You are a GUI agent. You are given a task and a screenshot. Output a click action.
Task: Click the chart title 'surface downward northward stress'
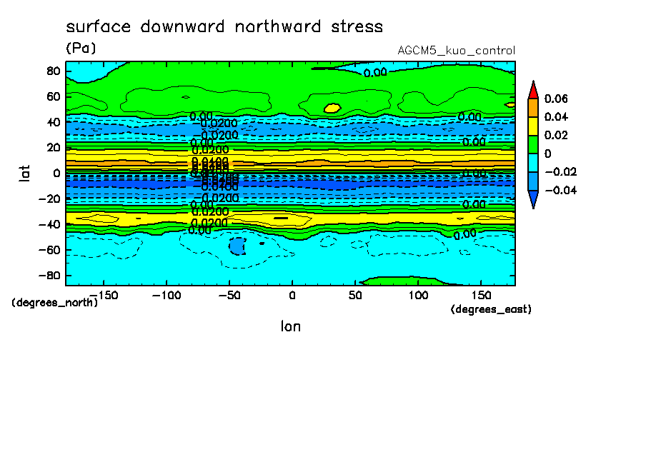click(224, 27)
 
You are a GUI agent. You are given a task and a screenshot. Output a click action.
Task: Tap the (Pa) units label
click(81, 48)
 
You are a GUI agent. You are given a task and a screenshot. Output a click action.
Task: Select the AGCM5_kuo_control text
click(456, 51)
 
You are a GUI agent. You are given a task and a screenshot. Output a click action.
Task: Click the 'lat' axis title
click(25, 172)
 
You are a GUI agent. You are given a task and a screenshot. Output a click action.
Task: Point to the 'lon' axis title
click(290, 326)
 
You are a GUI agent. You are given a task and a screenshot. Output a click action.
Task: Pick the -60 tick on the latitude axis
click(50, 250)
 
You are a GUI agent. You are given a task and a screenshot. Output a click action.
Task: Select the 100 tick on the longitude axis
click(418, 295)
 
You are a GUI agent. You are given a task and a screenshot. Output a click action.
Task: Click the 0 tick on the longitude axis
click(292, 295)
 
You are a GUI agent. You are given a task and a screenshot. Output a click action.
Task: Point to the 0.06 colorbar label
click(556, 99)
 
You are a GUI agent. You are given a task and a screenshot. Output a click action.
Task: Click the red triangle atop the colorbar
click(532, 89)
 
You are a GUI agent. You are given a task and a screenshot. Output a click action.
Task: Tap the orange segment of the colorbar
click(532, 108)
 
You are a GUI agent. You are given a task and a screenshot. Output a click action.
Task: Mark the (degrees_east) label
click(491, 309)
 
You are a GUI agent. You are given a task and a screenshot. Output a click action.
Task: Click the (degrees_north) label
click(55, 302)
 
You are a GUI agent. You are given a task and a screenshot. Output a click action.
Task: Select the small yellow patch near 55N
click(332, 108)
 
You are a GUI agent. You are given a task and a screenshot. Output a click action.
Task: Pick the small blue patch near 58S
click(237, 246)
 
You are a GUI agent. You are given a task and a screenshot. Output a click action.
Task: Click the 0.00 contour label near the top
click(375, 72)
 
